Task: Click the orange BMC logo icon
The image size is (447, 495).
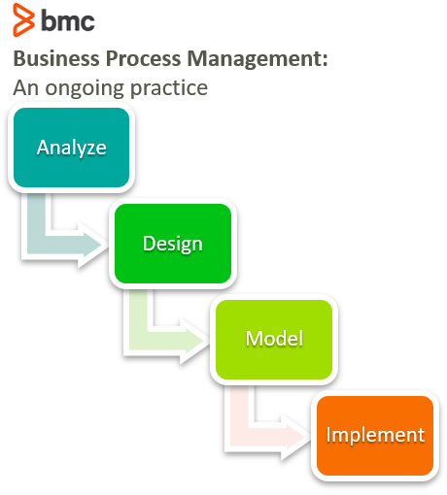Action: pyautogui.click(x=23, y=19)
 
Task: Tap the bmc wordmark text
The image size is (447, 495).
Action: pyautogui.click(x=68, y=20)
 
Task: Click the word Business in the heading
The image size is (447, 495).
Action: pyautogui.click(x=56, y=58)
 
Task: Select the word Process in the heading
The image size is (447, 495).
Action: pyautogui.click(x=143, y=58)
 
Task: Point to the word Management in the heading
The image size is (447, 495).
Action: pyautogui.click(x=255, y=59)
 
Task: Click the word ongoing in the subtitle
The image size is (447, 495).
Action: pyautogui.click(x=85, y=88)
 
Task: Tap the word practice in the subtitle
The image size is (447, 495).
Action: pyautogui.click(x=169, y=88)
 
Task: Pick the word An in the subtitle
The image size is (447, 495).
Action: pyautogui.click(x=25, y=87)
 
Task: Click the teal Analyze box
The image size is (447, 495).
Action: pyautogui.click(x=71, y=148)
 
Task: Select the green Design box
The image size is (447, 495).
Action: pyautogui.click(x=173, y=244)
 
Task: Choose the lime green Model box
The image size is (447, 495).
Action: pyautogui.click(x=274, y=340)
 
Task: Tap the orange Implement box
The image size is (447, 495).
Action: pyautogui.click(x=375, y=436)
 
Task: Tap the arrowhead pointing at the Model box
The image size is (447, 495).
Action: pyautogui.click(x=194, y=341)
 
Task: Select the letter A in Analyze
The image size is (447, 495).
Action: pyautogui.click(x=44, y=148)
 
